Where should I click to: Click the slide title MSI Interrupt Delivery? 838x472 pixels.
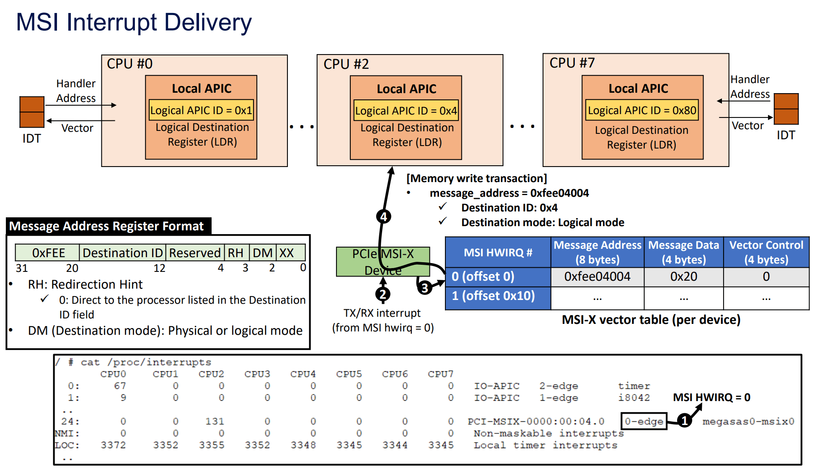pyautogui.click(x=134, y=22)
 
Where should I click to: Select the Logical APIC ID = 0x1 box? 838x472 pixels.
pyautogui.click(x=201, y=110)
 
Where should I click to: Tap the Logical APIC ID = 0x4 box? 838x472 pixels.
pyautogui.click(x=406, y=111)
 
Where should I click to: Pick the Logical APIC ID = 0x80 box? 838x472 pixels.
pyautogui.click(x=642, y=110)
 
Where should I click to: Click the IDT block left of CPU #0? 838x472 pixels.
pyautogui.click(x=32, y=112)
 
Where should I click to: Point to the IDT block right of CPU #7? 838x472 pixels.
pyautogui.click(x=786, y=109)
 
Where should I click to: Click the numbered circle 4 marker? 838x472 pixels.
pyautogui.click(x=383, y=217)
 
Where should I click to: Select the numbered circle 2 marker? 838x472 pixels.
pyautogui.click(x=383, y=295)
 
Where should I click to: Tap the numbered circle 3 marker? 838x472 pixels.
pyautogui.click(x=424, y=288)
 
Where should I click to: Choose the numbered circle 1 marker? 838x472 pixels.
pyautogui.click(x=684, y=420)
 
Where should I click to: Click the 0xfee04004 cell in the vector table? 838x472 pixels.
pyautogui.click(x=597, y=277)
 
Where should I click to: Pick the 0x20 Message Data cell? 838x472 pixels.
pyautogui.click(x=683, y=277)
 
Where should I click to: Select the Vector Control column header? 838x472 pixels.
pyautogui.click(x=766, y=252)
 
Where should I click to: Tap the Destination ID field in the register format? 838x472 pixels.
pyautogui.click(x=122, y=253)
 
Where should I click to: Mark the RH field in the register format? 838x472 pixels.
pyautogui.click(x=236, y=253)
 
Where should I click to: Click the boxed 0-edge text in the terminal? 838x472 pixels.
pyautogui.click(x=644, y=421)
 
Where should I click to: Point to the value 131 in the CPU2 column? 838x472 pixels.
pyautogui.click(x=215, y=421)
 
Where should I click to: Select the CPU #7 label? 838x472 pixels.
pyautogui.click(x=572, y=63)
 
